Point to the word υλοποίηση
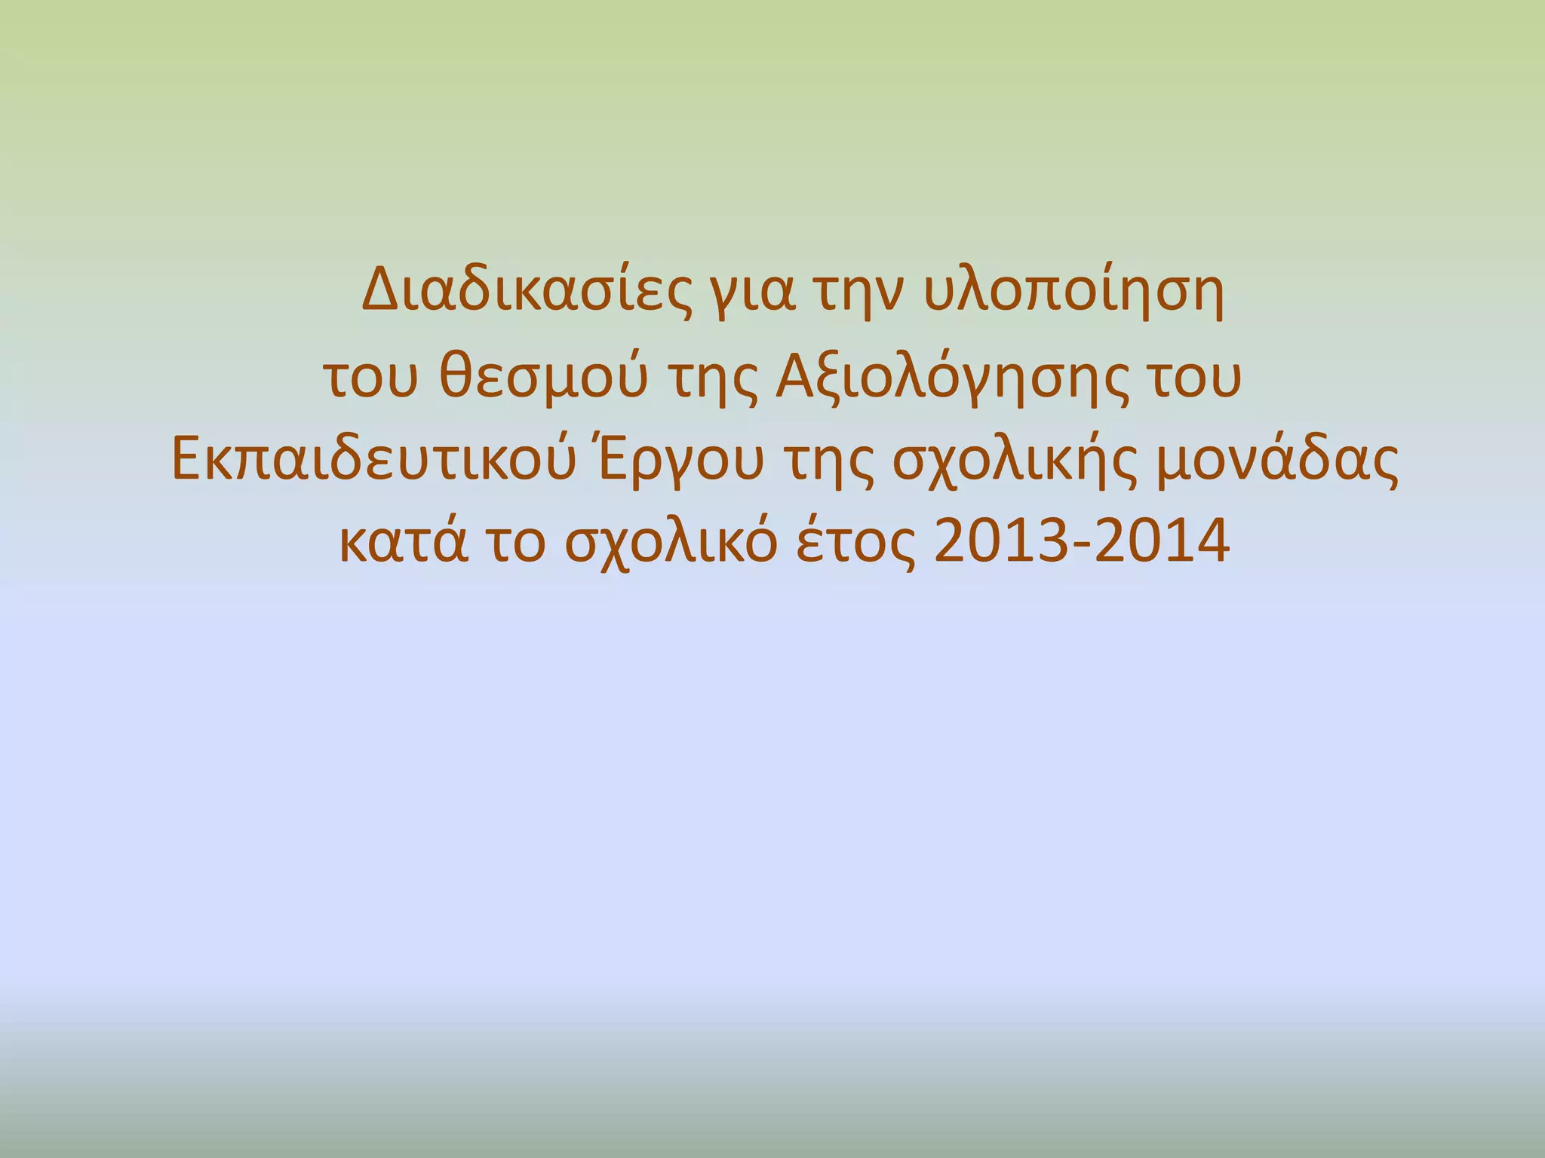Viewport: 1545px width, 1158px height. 1072,294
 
